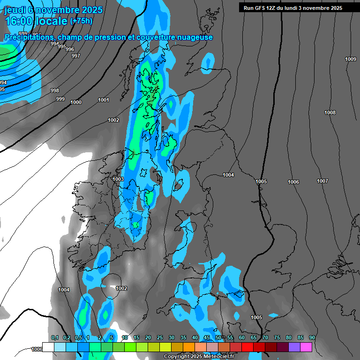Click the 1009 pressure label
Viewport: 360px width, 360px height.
pyautogui.click(x=350, y=59)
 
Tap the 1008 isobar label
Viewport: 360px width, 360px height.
pyautogui.click(x=330, y=112)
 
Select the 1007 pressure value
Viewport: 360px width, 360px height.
pyautogui.click(x=322, y=181)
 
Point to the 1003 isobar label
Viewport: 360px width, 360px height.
pyautogui.click(x=118, y=179)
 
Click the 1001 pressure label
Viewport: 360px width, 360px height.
pyautogui.click(x=104, y=100)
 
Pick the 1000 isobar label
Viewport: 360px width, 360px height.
pyautogui.click(x=75, y=102)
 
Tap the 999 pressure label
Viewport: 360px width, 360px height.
pyautogui.click(x=60, y=99)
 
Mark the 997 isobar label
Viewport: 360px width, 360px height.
pyautogui.click(x=75, y=56)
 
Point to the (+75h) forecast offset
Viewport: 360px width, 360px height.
pyautogui.click(x=81, y=21)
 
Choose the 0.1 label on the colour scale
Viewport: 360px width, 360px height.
pyautogui.click(x=55, y=337)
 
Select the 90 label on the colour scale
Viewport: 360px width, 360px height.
pyautogui.click(x=312, y=337)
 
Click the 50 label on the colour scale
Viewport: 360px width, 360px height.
pyautogui.click(x=218, y=337)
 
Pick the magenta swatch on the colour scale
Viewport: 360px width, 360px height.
pyautogui.click(x=306, y=347)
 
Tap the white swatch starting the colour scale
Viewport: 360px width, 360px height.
pyautogui.click(x=48, y=347)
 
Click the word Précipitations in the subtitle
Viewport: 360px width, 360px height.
pyautogui.click(x=30, y=37)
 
